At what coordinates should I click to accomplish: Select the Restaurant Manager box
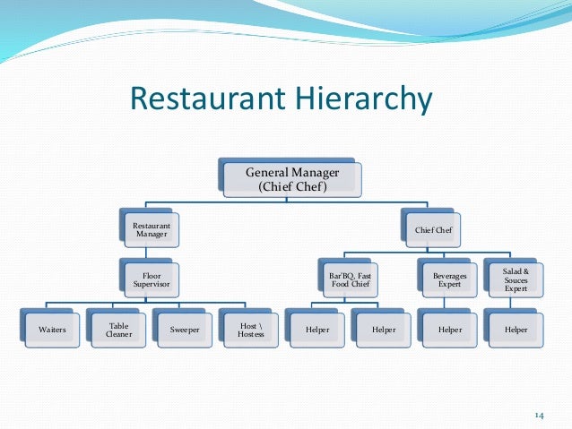(151, 230)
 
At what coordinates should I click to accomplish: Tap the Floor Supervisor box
(151, 279)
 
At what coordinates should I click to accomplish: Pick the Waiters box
(53, 330)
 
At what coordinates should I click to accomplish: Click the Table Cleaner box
(118, 330)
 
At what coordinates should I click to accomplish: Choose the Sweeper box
(184, 330)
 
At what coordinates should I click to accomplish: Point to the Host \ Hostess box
(250, 330)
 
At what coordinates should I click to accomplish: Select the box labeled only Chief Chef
(432, 230)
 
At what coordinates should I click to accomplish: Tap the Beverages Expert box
(449, 279)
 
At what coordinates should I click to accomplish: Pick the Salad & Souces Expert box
(515, 279)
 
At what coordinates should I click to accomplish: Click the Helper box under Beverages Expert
(449, 330)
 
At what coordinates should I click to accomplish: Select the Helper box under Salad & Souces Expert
(515, 330)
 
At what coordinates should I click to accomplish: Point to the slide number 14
(539, 414)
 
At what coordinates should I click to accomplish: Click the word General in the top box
(268, 171)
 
